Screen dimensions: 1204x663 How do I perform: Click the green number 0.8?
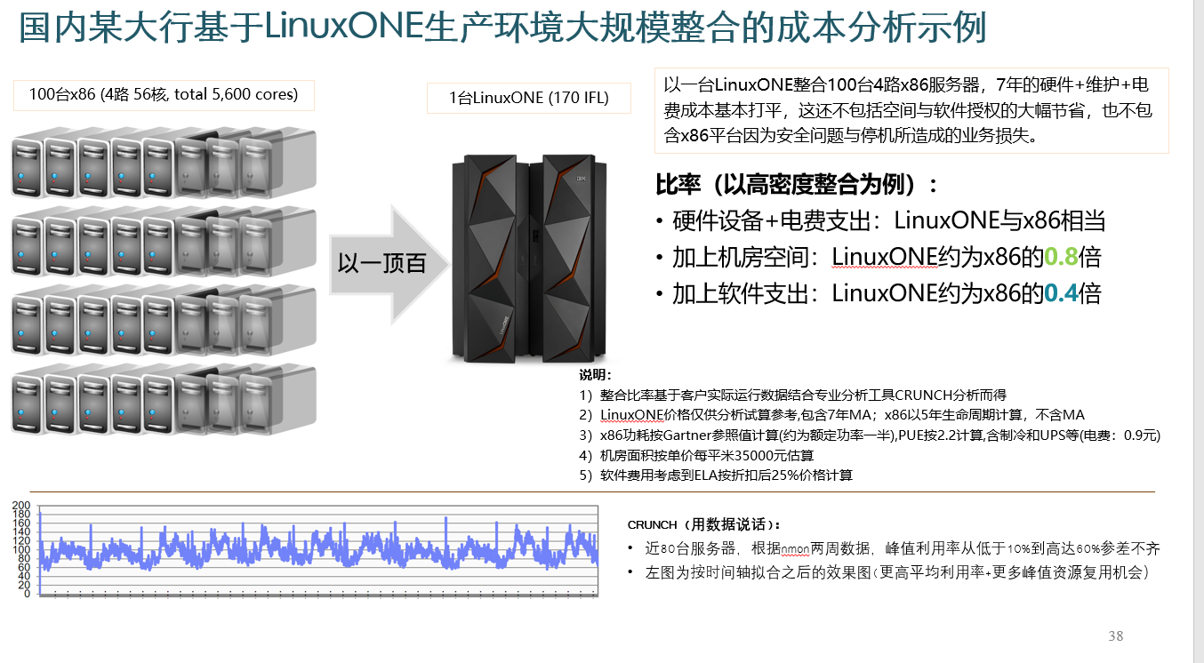pos(1061,257)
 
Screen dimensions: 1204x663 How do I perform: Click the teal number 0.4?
pos(1061,293)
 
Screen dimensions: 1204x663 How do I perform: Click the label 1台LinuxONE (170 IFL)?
pos(529,98)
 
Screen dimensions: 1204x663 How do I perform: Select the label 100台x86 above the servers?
pos(164,94)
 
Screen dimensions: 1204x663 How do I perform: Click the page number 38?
pos(1115,636)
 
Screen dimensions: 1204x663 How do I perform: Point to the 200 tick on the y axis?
pos(21,506)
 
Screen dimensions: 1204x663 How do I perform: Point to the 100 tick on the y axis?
pos(21,549)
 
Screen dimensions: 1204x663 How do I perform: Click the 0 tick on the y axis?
pos(27,594)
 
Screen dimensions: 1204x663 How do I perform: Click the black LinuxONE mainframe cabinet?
pos(529,258)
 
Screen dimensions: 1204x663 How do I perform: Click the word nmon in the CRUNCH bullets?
pos(795,549)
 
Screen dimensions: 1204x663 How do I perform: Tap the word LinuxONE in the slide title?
pos(343,26)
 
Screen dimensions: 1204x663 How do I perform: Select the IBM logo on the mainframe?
pos(581,179)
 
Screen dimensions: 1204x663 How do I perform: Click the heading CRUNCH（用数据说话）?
pos(703,525)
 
